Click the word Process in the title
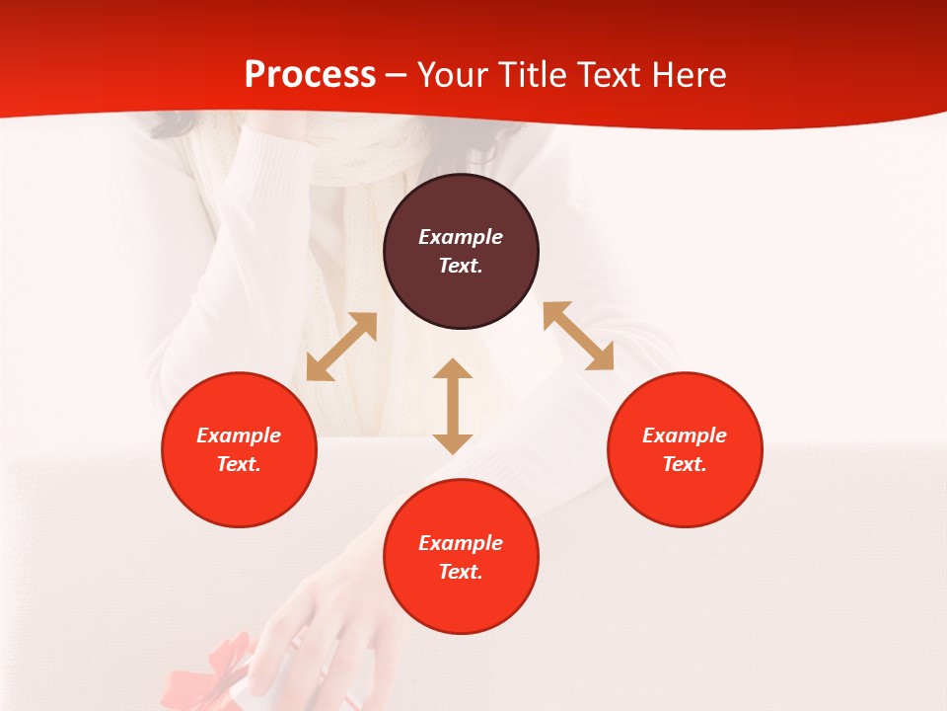point(310,75)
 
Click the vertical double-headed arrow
point(453,406)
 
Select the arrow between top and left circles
point(341,347)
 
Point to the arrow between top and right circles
point(578,336)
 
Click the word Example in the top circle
point(461,237)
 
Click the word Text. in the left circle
point(239,464)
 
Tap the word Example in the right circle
point(685,435)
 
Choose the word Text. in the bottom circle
point(461,572)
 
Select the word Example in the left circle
point(239,435)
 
